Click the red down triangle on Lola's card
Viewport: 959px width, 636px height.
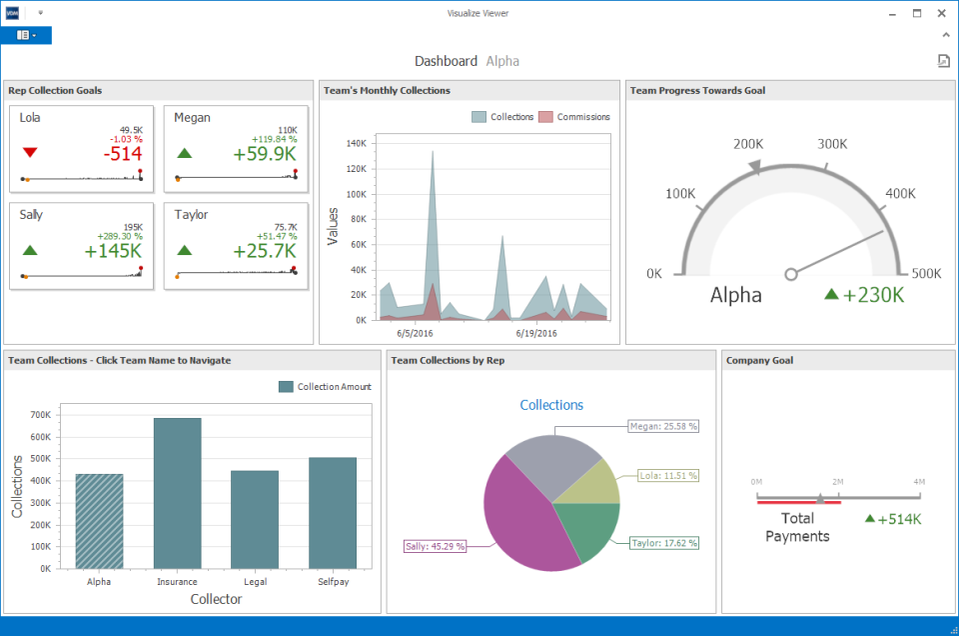tap(30, 153)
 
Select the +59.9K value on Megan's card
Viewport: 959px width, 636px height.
tap(264, 154)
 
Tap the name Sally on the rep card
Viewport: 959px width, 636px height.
tap(31, 214)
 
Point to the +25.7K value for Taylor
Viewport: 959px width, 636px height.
tap(264, 251)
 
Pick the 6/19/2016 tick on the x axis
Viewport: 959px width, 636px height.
tap(536, 334)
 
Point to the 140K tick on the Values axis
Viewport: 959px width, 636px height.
tap(356, 143)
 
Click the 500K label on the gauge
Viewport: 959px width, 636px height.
tap(926, 274)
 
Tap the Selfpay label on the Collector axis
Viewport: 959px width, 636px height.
tap(332, 581)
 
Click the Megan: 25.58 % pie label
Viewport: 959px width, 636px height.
tap(663, 426)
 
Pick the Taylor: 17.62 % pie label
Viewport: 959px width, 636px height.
tap(663, 543)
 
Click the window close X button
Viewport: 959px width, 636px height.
tap(941, 13)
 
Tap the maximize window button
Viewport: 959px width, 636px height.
tap(917, 13)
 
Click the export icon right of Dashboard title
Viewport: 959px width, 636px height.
tap(943, 61)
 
